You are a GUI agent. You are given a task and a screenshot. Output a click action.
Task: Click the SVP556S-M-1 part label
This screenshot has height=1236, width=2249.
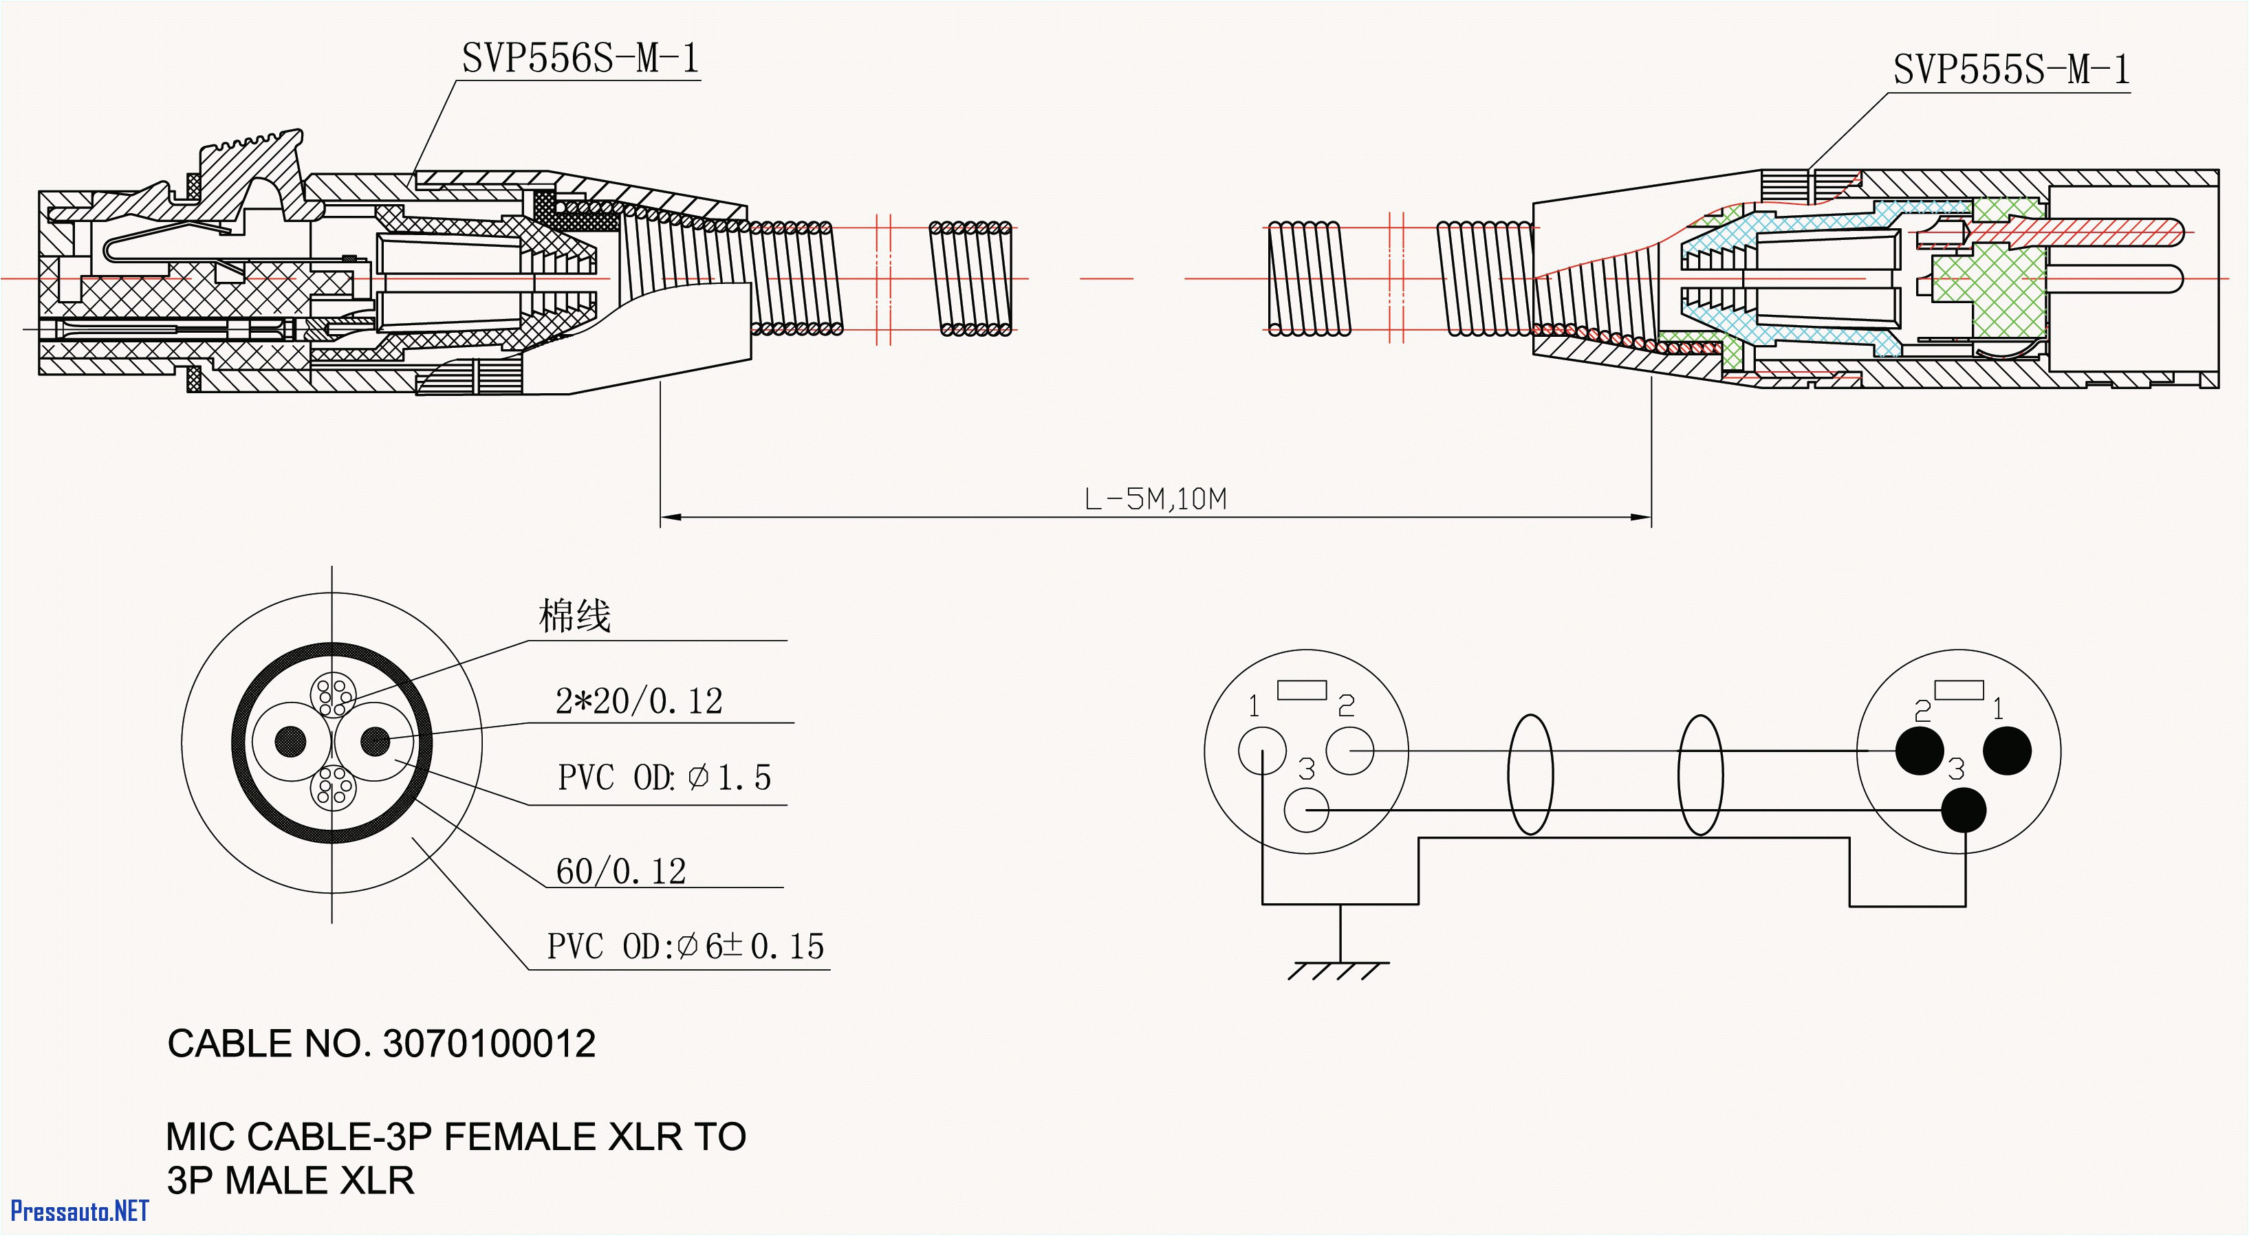[580, 59]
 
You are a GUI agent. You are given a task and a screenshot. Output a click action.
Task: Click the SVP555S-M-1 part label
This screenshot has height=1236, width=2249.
[2010, 70]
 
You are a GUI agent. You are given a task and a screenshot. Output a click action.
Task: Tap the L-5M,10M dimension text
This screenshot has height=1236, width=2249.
[1155, 499]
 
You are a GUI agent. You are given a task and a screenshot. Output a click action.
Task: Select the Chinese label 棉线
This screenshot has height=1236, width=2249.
[574, 616]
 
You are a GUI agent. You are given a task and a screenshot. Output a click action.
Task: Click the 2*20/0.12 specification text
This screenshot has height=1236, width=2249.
[639, 701]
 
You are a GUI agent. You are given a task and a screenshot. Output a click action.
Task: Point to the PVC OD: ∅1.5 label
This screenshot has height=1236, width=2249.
[664, 777]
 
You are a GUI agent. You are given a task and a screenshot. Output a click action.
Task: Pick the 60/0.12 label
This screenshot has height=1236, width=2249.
[621, 871]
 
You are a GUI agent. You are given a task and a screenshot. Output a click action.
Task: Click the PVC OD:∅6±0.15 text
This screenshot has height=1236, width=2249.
[685, 946]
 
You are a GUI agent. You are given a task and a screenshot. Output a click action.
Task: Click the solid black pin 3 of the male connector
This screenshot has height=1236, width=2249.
[1964, 810]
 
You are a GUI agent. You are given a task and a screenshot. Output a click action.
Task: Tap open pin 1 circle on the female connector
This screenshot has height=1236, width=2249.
[1261, 750]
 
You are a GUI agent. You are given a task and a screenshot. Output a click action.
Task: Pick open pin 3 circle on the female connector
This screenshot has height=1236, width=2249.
[1306, 810]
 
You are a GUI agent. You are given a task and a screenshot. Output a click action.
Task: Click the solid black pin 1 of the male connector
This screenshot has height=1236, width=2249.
[2007, 750]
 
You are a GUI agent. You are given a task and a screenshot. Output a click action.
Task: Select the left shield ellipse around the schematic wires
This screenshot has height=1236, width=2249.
[1530, 774]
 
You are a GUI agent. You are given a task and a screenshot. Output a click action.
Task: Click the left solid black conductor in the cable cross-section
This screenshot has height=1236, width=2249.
[291, 742]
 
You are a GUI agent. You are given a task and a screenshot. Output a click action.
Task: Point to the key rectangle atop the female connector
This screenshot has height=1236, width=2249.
[1302, 689]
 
